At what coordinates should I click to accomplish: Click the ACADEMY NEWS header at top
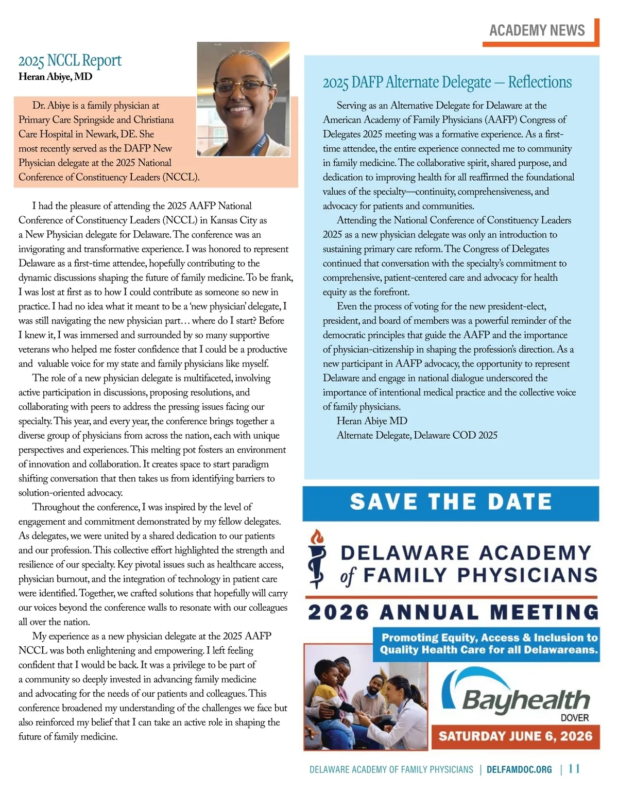click(537, 30)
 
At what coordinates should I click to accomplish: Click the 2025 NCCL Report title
click(70, 61)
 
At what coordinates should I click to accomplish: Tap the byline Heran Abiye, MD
click(55, 77)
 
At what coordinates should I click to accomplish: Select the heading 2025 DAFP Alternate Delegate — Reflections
click(447, 82)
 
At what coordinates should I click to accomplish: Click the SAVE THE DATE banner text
click(451, 502)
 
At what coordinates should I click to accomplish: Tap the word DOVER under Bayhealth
click(575, 718)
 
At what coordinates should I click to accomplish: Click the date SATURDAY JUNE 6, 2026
click(516, 736)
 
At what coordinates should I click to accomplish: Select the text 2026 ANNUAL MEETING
click(453, 613)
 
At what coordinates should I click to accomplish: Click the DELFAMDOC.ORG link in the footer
click(519, 770)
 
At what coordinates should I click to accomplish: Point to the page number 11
click(574, 769)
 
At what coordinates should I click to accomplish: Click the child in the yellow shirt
click(330, 695)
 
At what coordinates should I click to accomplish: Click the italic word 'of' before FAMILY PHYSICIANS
click(348, 576)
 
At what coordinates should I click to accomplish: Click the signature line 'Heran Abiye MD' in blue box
click(372, 421)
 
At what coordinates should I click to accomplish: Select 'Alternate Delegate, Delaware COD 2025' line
click(417, 436)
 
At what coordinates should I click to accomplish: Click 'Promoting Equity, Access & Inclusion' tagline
click(489, 644)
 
